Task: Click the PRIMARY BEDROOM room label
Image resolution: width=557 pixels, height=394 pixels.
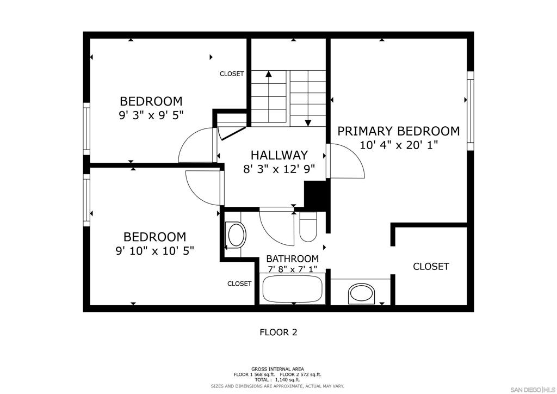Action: [x=398, y=131]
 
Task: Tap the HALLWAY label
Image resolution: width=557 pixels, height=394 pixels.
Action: [x=279, y=155]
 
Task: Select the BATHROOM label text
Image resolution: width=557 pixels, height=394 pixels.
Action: [x=292, y=258]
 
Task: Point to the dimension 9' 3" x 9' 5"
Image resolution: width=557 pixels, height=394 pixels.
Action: [x=151, y=115]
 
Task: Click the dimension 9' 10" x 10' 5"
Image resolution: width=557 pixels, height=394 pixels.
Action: [x=155, y=251]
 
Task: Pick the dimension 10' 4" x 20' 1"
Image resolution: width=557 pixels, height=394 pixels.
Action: [x=399, y=145]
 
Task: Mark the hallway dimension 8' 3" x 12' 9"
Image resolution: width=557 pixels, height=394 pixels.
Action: [x=279, y=169]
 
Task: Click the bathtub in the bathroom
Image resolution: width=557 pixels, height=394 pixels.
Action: [x=292, y=288]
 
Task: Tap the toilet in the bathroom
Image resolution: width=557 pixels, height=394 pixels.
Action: [x=308, y=227]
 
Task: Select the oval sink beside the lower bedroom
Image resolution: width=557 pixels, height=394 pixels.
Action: [x=237, y=235]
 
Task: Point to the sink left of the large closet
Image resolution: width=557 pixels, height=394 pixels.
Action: [x=362, y=294]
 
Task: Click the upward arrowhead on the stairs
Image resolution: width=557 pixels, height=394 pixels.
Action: [x=269, y=74]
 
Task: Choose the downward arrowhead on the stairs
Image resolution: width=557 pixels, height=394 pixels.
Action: [x=308, y=123]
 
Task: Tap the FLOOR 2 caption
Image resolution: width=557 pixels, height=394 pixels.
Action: [x=278, y=332]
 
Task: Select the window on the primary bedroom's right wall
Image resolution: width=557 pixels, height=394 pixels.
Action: [x=471, y=111]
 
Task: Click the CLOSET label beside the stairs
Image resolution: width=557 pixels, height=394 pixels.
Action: [x=232, y=74]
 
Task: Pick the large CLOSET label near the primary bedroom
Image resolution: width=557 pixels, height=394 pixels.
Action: [x=431, y=267]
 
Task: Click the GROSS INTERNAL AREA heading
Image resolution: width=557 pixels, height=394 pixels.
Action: [x=277, y=369]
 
